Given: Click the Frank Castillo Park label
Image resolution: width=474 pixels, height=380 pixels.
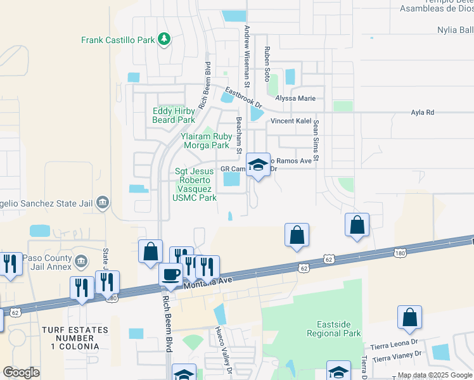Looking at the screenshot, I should [118, 40].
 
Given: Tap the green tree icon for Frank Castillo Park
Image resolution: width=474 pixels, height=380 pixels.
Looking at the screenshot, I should [164, 39].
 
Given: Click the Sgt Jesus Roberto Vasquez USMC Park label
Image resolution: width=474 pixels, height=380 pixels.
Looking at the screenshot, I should [196, 184].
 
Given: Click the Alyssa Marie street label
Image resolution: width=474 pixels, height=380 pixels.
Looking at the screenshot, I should [295, 98].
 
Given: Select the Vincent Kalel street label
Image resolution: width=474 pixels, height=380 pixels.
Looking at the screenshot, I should [293, 121].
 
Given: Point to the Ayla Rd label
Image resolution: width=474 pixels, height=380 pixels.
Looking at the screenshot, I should [422, 112].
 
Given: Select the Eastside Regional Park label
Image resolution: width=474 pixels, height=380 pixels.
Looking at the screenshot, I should [333, 329].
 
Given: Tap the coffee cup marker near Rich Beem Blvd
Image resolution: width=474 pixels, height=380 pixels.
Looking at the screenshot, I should [170, 274].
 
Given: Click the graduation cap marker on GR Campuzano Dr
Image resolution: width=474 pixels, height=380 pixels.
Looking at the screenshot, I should [258, 165].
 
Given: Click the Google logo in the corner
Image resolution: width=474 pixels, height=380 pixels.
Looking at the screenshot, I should [21, 372].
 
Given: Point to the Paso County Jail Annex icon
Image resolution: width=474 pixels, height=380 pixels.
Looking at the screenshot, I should [81, 261].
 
